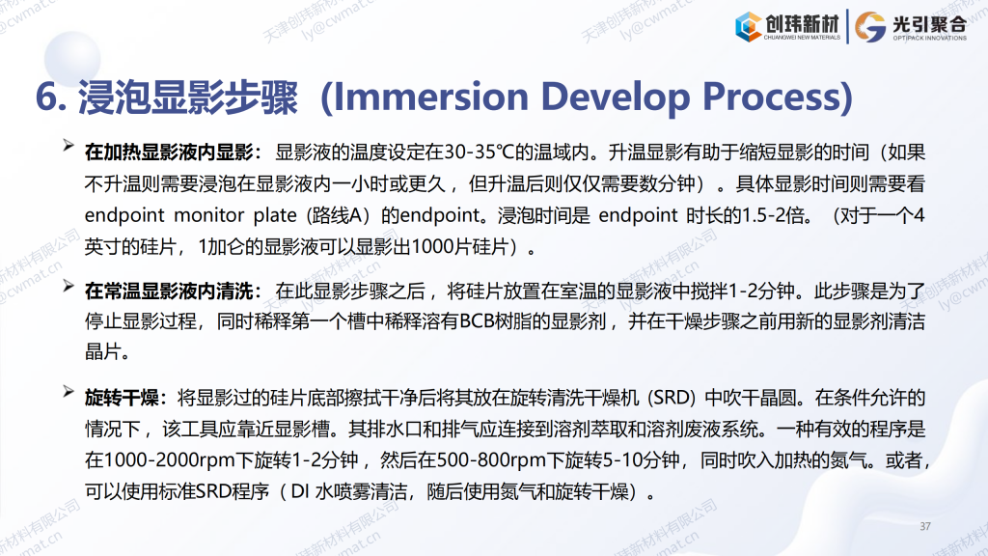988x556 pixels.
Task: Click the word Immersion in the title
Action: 429,97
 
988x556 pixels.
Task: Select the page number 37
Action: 925,526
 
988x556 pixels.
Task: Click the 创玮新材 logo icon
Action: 749,27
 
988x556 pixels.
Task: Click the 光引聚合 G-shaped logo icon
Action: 870,27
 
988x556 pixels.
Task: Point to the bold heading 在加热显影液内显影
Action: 169,153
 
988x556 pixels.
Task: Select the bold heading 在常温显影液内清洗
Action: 169,292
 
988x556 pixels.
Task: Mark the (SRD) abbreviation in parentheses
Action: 672,398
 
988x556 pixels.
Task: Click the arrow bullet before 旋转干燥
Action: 69,392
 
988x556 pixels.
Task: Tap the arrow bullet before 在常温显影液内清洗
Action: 69,286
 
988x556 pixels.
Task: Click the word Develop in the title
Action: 615,97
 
